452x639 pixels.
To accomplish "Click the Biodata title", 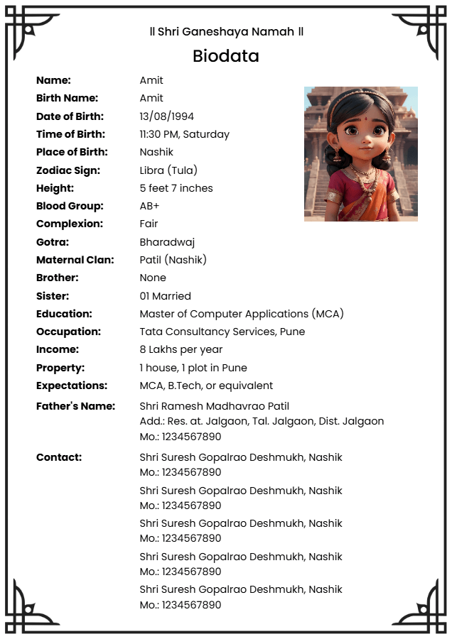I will (x=226, y=56).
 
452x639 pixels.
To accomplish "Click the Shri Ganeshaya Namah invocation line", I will (x=226, y=32).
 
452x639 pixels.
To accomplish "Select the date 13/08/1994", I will (x=166, y=116).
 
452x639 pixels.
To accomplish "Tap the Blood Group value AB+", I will (x=149, y=206).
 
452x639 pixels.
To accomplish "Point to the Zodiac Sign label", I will (x=68, y=170).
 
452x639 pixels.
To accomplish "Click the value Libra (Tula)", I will (x=168, y=170).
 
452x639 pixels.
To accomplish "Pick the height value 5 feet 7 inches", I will (x=176, y=188).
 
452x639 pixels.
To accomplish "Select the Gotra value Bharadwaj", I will (x=167, y=242).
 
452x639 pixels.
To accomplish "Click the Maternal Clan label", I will (x=75, y=260).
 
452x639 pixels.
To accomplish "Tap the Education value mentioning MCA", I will (x=242, y=314).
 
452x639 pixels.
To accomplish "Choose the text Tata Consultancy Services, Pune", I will (x=222, y=332).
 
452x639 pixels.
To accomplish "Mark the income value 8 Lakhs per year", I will (x=181, y=349).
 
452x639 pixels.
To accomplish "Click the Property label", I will (x=60, y=368).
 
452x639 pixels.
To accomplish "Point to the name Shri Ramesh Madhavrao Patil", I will (x=214, y=406).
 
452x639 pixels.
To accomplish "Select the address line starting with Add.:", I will (x=262, y=421).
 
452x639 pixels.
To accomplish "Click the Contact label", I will (x=59, y=457).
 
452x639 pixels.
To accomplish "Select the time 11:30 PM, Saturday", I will (x=184, y=134).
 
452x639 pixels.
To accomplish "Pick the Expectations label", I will (x=72, y=386).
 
